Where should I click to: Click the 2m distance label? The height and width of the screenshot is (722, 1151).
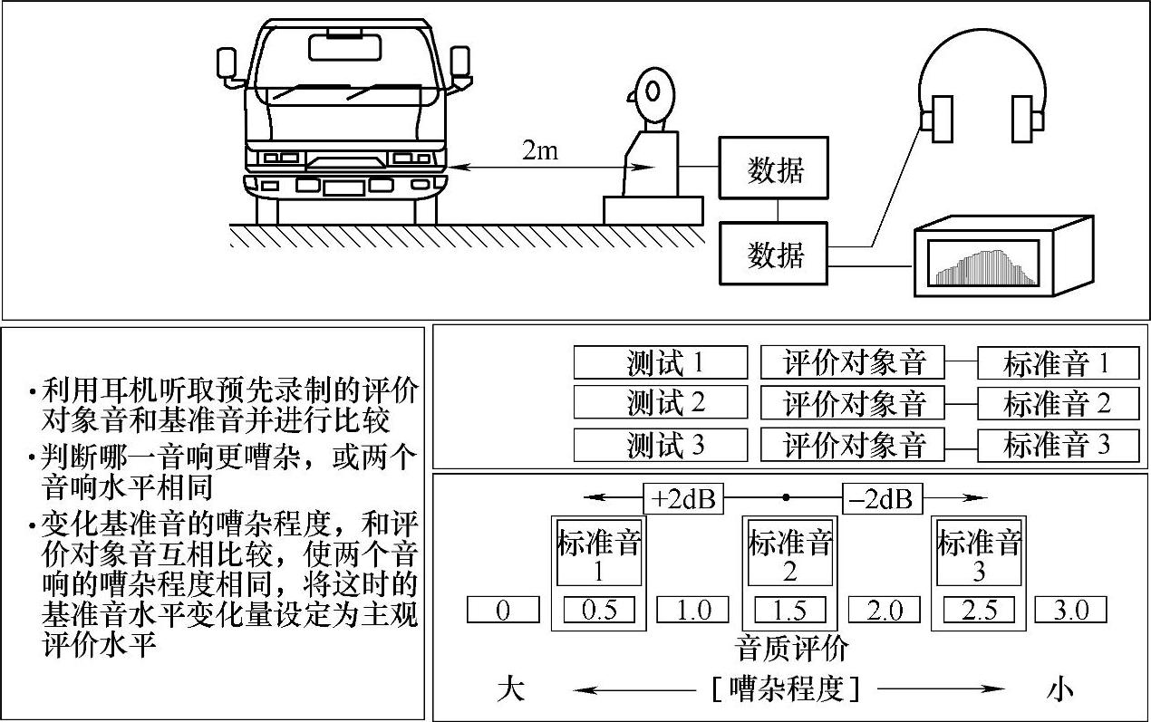click(540, 150)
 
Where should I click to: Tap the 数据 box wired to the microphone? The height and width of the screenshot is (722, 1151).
click(774, 168)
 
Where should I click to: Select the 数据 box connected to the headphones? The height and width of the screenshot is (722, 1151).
click(774, 255)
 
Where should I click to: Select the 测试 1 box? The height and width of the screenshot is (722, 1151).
click(661, 362)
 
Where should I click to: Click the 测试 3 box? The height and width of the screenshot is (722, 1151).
click(661, 445)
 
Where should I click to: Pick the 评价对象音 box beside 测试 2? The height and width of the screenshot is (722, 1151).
click(852, 404)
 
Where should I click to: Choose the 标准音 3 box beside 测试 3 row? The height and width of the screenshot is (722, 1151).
click(1057, 445)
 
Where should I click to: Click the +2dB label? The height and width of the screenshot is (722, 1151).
click(683, 498)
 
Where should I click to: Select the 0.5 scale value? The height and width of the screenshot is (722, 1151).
click(598, 610)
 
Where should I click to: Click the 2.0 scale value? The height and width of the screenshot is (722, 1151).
click(885, 610)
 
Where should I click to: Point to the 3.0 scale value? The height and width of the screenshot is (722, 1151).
click(1070, 610)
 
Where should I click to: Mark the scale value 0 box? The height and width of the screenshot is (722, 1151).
click(503, 610)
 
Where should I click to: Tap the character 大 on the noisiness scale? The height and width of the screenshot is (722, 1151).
click(510, 690)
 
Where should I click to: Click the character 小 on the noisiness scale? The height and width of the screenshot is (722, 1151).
click(1059, 690)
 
